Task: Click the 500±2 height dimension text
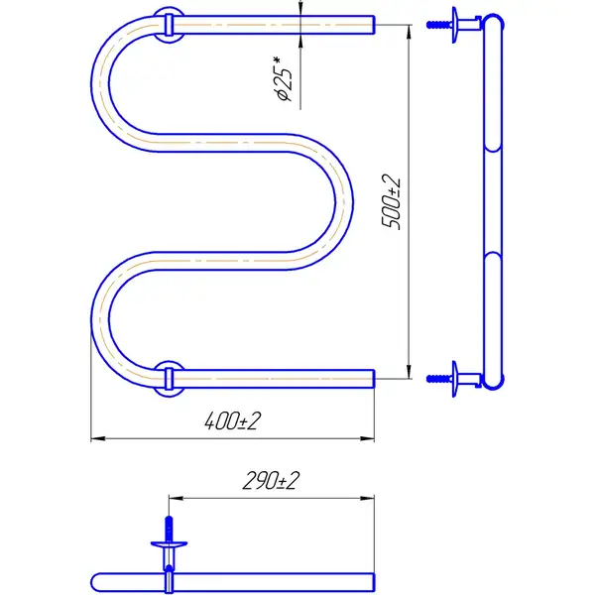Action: pos(391,202)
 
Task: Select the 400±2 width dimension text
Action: pos(233,420)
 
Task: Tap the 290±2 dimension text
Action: pos(271,480)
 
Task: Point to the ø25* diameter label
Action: pos(284,79)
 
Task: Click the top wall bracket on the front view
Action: pos(169,25)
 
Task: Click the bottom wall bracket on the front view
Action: pos(169,379)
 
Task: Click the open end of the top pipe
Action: pos(374,25)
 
